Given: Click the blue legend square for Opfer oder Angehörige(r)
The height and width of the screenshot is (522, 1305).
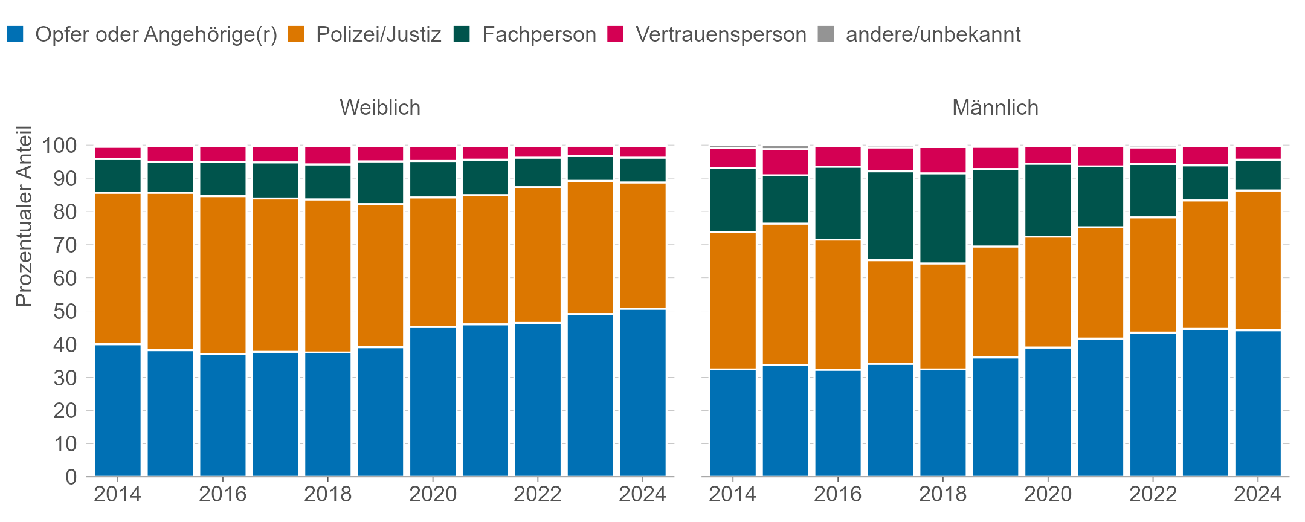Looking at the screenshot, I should (15, 34).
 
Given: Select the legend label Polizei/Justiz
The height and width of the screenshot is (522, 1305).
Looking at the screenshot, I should (378, 34).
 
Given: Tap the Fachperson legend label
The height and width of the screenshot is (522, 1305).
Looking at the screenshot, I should (539, 34).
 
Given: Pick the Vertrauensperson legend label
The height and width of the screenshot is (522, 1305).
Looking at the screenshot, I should (721, 34).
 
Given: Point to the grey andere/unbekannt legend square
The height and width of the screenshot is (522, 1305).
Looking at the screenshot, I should (826, 34).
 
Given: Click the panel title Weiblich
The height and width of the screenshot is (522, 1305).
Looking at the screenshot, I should (379, 108).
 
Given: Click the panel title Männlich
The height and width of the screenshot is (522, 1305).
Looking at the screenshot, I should (995, 108).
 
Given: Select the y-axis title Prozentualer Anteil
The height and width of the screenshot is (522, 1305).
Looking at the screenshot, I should (24, 216).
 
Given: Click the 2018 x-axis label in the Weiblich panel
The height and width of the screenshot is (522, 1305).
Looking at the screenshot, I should (327, 494).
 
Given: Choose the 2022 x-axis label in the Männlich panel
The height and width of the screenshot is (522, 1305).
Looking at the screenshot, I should (1153, 494).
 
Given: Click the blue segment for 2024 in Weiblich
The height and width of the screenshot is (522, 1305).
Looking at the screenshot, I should (643, 393).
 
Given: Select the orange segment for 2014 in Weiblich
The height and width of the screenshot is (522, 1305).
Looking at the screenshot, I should (118, 269).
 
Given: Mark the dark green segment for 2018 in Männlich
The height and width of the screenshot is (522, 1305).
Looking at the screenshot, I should (942, 219).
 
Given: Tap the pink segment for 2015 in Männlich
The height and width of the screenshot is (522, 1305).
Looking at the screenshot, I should (785, 162).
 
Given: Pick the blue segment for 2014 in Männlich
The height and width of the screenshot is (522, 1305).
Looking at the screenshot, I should (733, 423).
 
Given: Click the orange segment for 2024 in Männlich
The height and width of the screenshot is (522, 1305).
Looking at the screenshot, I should (1258, 260).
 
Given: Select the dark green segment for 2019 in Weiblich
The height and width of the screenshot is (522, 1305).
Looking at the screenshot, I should (380, 183).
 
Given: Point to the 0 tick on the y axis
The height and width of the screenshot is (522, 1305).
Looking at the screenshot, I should (71, 477).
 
